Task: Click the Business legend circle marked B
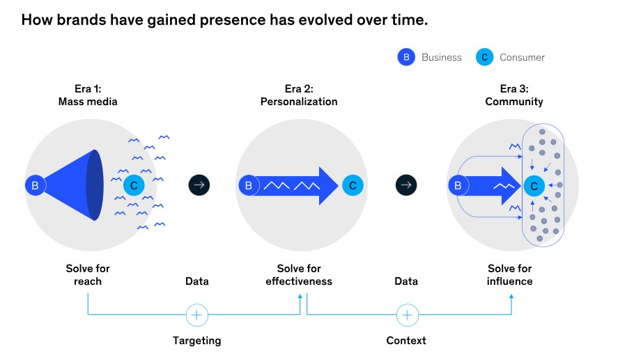pos(406,57)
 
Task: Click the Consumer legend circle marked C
pos(484,57)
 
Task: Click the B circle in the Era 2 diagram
pos(247,185)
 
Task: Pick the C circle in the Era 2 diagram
pos(352,185)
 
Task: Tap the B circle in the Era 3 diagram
pos(458,185)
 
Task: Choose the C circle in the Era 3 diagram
pos(534,185)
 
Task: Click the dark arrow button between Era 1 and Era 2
pos(199,185)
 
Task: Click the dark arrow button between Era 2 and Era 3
pos(406,185)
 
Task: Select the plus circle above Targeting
pos(197,315)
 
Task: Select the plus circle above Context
pos(407,315)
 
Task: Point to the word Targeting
pos(197,341)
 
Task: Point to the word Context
pos(406,341)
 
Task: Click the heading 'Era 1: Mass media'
pos(88,95)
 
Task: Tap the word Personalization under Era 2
pos(299,102)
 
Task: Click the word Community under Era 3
pos(513,102)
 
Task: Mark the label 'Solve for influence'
pos(510,275)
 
